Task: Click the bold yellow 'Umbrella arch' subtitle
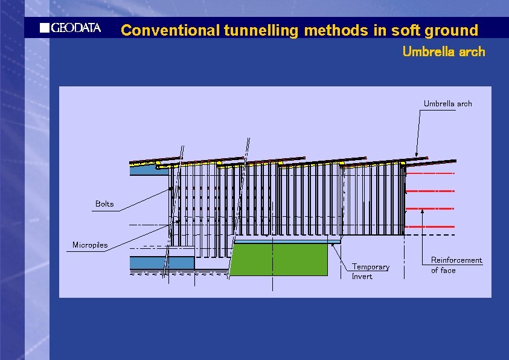(x=443, y=52)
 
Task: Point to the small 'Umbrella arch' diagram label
(x=447, y=104)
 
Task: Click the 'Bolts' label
(x=104, y=204)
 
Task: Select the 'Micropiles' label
(x=90, y=245)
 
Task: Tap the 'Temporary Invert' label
(x=371, y=272)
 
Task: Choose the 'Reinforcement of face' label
(x=456, y=265)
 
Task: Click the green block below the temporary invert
(x=279, y=260)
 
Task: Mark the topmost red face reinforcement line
(x=429, y=173)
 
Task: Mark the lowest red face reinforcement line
(x=429, y=226)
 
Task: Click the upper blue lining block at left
(x=149, y=170)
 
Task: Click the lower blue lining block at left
(x=162, y=263)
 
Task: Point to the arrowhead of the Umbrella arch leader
(x=417, y=155)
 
